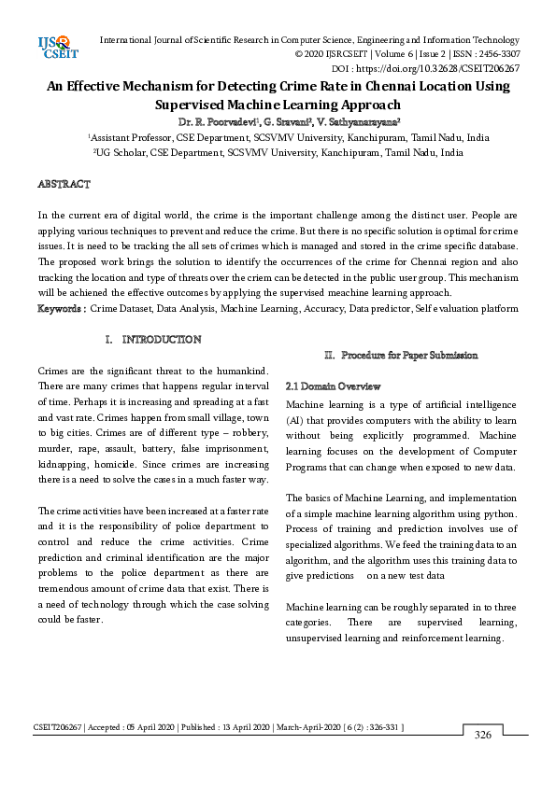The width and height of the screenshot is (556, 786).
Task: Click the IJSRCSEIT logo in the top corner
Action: pos(52,47)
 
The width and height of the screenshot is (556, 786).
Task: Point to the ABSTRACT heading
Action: pos(64,184)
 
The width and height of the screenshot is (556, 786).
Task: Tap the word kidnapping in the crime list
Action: pos(65,464)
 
